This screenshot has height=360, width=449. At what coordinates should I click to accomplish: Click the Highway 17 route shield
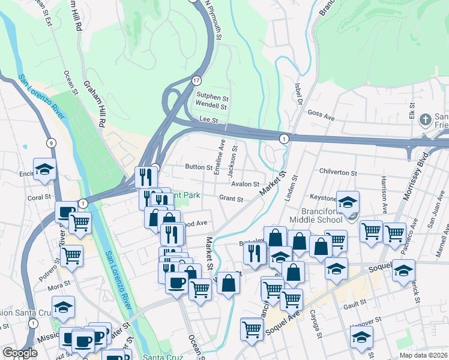pyautogui.click(x=196, y=80)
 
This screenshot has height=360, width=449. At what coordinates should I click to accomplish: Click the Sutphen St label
pyautogui.click(x=212, y=96)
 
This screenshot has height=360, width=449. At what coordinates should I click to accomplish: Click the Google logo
pyautogui.click(x=20, y=353)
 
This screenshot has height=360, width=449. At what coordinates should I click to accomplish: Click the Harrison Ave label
pyautogui.click(x=383, y=189)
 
